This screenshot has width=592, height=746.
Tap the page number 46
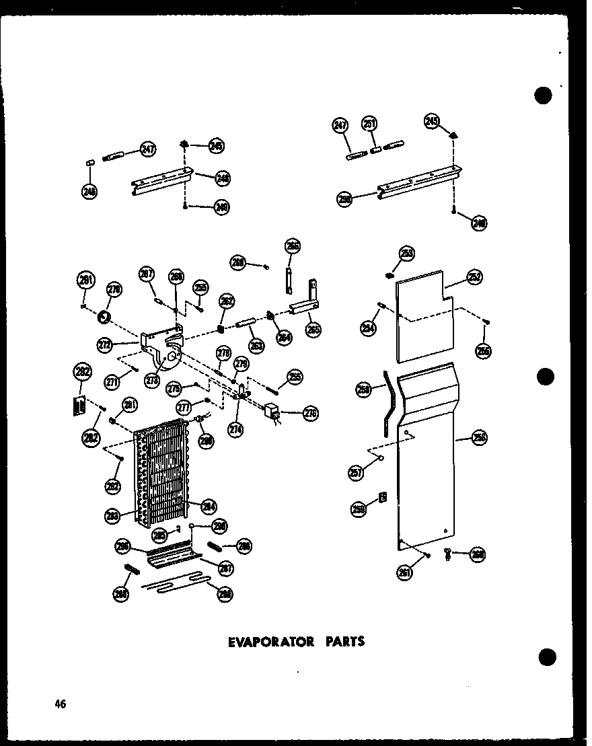click(x=61, y=704)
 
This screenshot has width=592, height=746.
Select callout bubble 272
click(x=105, y=344)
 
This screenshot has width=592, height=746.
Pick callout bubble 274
click(x=235, y=428)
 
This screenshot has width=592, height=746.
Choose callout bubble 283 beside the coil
click(x=113, y=516)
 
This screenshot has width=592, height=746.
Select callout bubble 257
click(x=357, y=473)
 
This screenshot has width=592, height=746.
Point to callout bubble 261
click(x=405, y=573)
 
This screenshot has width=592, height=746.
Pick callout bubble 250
click(x=345, y=199)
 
